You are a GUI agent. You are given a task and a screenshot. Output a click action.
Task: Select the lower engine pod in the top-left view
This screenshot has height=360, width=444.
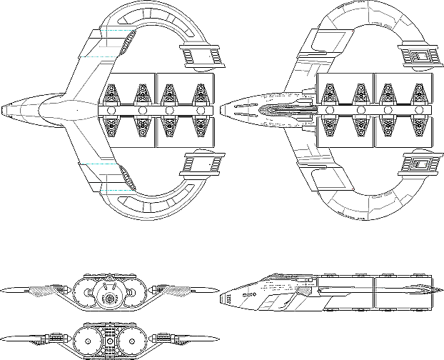tap(199, 165)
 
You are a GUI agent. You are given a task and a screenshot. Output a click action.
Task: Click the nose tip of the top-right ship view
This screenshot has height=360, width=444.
tap(221, 110)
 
